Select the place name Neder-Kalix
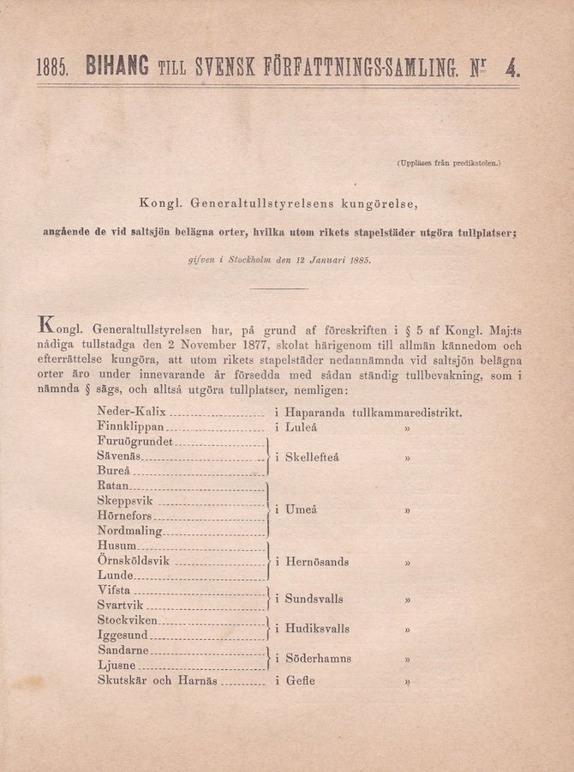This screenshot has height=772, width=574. (x=131, y=412)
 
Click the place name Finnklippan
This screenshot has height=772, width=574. (x=130, y=426)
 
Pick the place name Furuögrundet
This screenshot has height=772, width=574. (x=135, y=442)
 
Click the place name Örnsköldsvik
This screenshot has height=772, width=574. (x=134, y=561)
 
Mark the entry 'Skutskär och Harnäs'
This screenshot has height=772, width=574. (x=157, y=681)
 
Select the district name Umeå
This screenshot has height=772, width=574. (x=301, y=510)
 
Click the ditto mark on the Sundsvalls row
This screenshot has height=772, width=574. (x=408, y=600)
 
